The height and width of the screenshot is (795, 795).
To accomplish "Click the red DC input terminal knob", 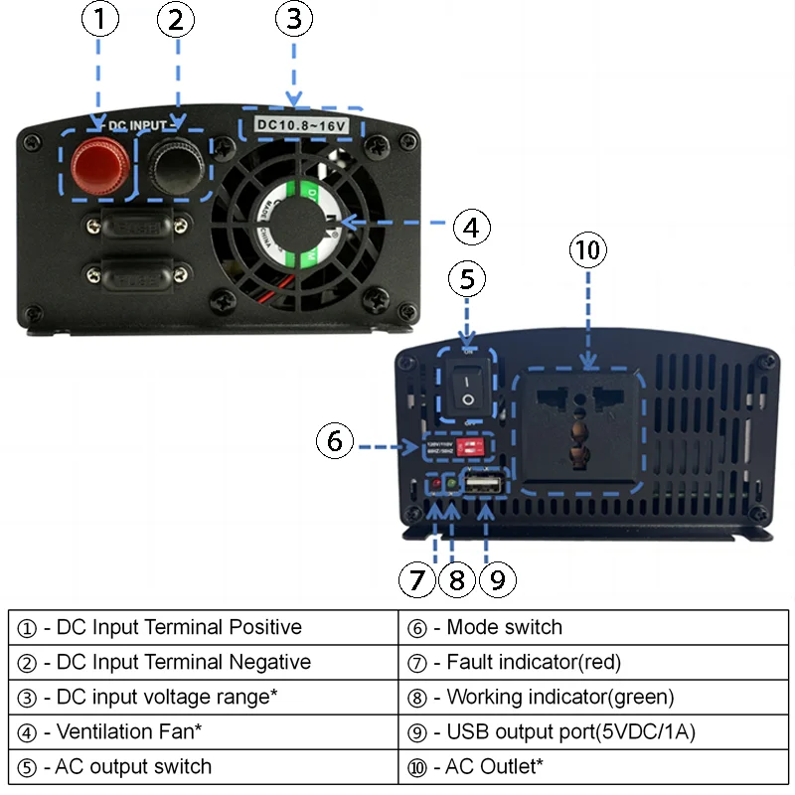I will (x=98, y=163).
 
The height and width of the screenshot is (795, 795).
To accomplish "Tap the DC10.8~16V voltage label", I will (x=302, y=125).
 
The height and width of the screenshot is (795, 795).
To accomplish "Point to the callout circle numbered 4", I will (x=472, y=227).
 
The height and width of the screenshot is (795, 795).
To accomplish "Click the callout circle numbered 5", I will (x=471, y=279).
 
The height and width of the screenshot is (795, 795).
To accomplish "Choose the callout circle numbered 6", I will (x=336, y=440).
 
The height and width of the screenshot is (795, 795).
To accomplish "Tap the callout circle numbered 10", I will (x=589, y=250).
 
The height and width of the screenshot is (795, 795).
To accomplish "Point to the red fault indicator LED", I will (x=435, y=485).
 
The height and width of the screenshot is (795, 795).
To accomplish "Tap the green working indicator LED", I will (x=451, y=485).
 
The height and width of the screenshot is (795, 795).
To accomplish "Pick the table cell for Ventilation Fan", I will (x=203, y=731).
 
